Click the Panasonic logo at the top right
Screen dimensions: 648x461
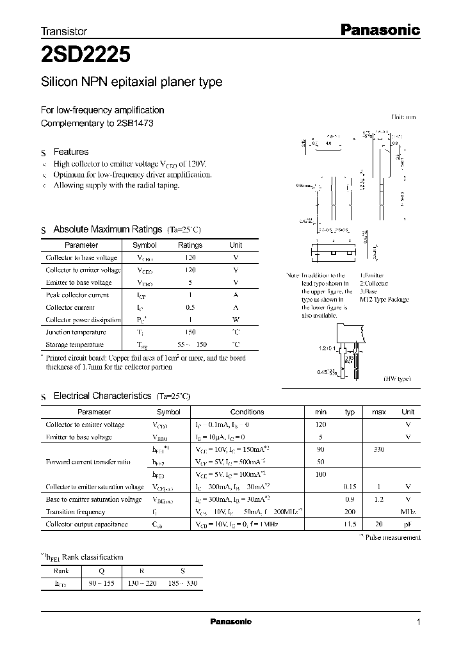pos(378,29)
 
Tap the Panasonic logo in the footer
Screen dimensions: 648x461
pos(230,622)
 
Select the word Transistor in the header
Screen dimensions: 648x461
pos(64,31)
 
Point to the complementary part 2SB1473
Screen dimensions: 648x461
pos(136,123)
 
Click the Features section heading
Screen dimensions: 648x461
pos(70,152)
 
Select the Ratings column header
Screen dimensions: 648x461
pos(190,245)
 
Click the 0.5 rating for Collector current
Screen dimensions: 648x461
pos(190,307)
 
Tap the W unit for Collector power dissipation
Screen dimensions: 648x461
pos(236,320)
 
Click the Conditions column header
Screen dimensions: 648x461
pos(247,412)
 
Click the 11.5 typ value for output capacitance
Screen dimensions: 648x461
pos(350,524)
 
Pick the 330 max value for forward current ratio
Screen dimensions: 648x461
pos(378,450)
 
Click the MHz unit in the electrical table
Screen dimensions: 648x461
pos(408,512)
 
